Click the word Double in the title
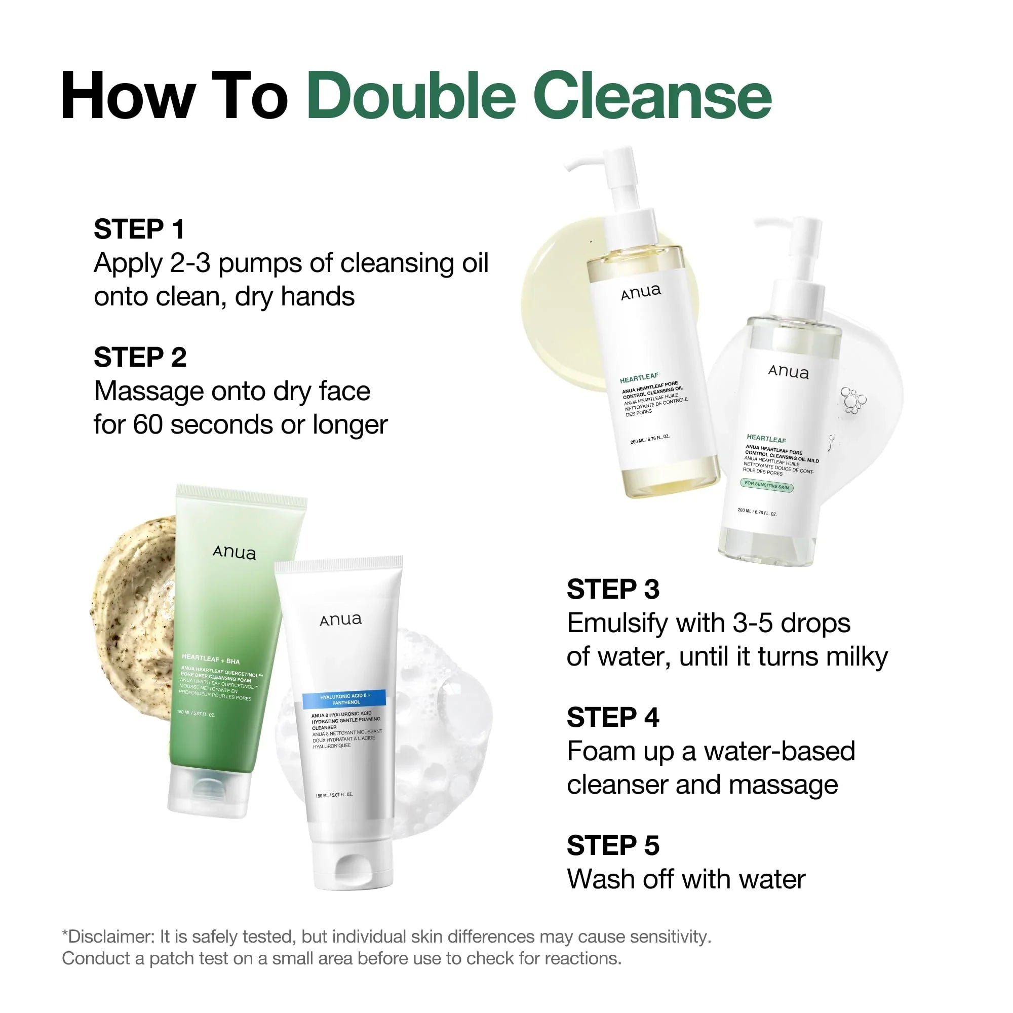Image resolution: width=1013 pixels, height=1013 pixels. pyautogui.click(x=412, y=97)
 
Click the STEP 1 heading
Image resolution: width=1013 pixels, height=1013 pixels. pyautogui.click(x=139, y=229)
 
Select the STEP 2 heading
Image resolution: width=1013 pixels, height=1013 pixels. pyautogui.click(x=140, y=357)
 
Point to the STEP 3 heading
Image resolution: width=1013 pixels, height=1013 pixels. pyautogui.click(x=613, y=589)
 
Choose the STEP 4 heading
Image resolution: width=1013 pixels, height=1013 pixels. pyautogui.click(x=613, y=717)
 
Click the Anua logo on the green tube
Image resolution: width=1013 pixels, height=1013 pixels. pyautogui.click(x=235, y=552)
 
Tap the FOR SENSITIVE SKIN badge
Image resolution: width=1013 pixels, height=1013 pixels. pyautogui.click(x=766, y=486)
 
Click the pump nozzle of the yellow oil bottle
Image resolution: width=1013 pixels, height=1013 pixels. pyautogui.click(x=582, y=164)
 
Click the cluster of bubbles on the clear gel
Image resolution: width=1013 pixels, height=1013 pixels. pyautogui.click(x=852, y=400)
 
